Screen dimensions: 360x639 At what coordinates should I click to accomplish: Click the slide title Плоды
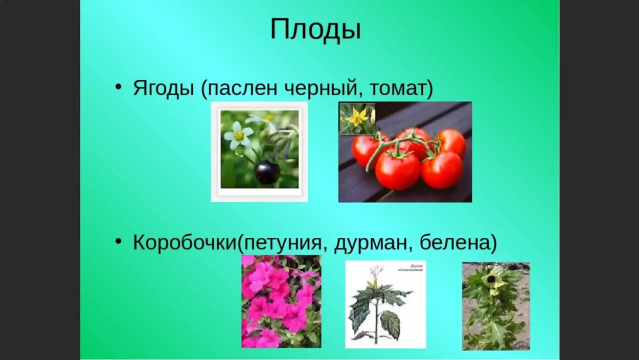click(x=315, y=29)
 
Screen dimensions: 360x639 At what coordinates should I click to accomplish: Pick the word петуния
click(x=283, y=243)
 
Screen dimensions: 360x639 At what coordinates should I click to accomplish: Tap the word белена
click(x=454, y=243)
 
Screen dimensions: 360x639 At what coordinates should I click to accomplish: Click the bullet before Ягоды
click(x=119, y=87)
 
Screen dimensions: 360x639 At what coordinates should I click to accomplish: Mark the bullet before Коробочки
click(x=119, y=241)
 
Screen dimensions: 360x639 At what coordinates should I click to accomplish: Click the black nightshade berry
click(x=267, y=172)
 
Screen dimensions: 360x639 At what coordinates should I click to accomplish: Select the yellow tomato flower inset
click(x=357, y=118)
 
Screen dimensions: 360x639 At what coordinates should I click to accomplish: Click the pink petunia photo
click(x=281, y=302)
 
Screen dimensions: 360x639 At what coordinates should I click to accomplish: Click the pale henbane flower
click(x=492, y=279)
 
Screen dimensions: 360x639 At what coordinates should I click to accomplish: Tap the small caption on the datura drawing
click(x=410, y=268)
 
